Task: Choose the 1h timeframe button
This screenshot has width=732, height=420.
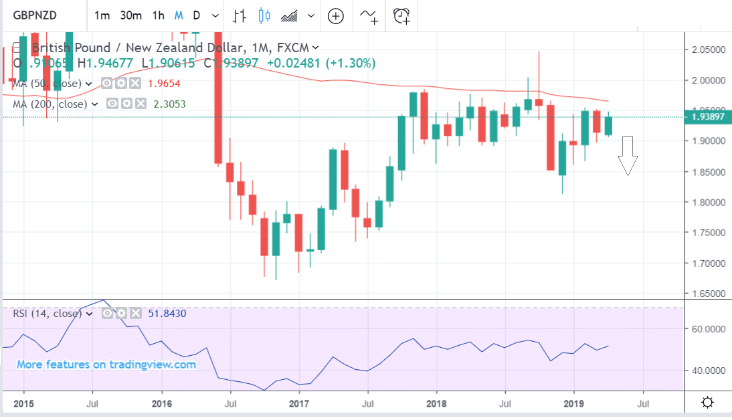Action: pyautogui.click(x=158, y=15)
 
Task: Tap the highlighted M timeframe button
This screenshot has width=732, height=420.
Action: pyautogui.click(x=179, y=15)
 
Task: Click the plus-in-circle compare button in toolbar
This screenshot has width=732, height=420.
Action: pyautogui.click(x=335, y=15)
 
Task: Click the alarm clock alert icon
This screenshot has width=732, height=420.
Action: pyautogui.click(x=401, y=15)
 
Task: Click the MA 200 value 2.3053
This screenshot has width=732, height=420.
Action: pyautogui.click(x=170, y=104)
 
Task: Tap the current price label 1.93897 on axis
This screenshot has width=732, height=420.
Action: pyautogui.click(x=709, y=117)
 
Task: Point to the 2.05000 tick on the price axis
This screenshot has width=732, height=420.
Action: pyautogui.click(x=709, y=49)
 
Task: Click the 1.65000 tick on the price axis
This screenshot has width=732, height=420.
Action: pyautogui.click(x=709, y=294)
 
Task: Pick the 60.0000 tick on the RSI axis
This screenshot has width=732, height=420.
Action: pyautogui.click(x=709, y=329)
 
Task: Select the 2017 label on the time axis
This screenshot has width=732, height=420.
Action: pyautogui.click(x=298, y=403)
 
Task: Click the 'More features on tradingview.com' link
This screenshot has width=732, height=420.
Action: pyautogui.click(x=106, y=364)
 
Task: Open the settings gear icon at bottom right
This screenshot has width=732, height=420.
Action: pyautogui.click(x=707, y=403)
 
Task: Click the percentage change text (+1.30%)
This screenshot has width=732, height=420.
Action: pyautogui.click(x=351, y=63)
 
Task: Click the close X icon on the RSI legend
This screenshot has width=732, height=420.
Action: pyautogui.click(x=135, y=313)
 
